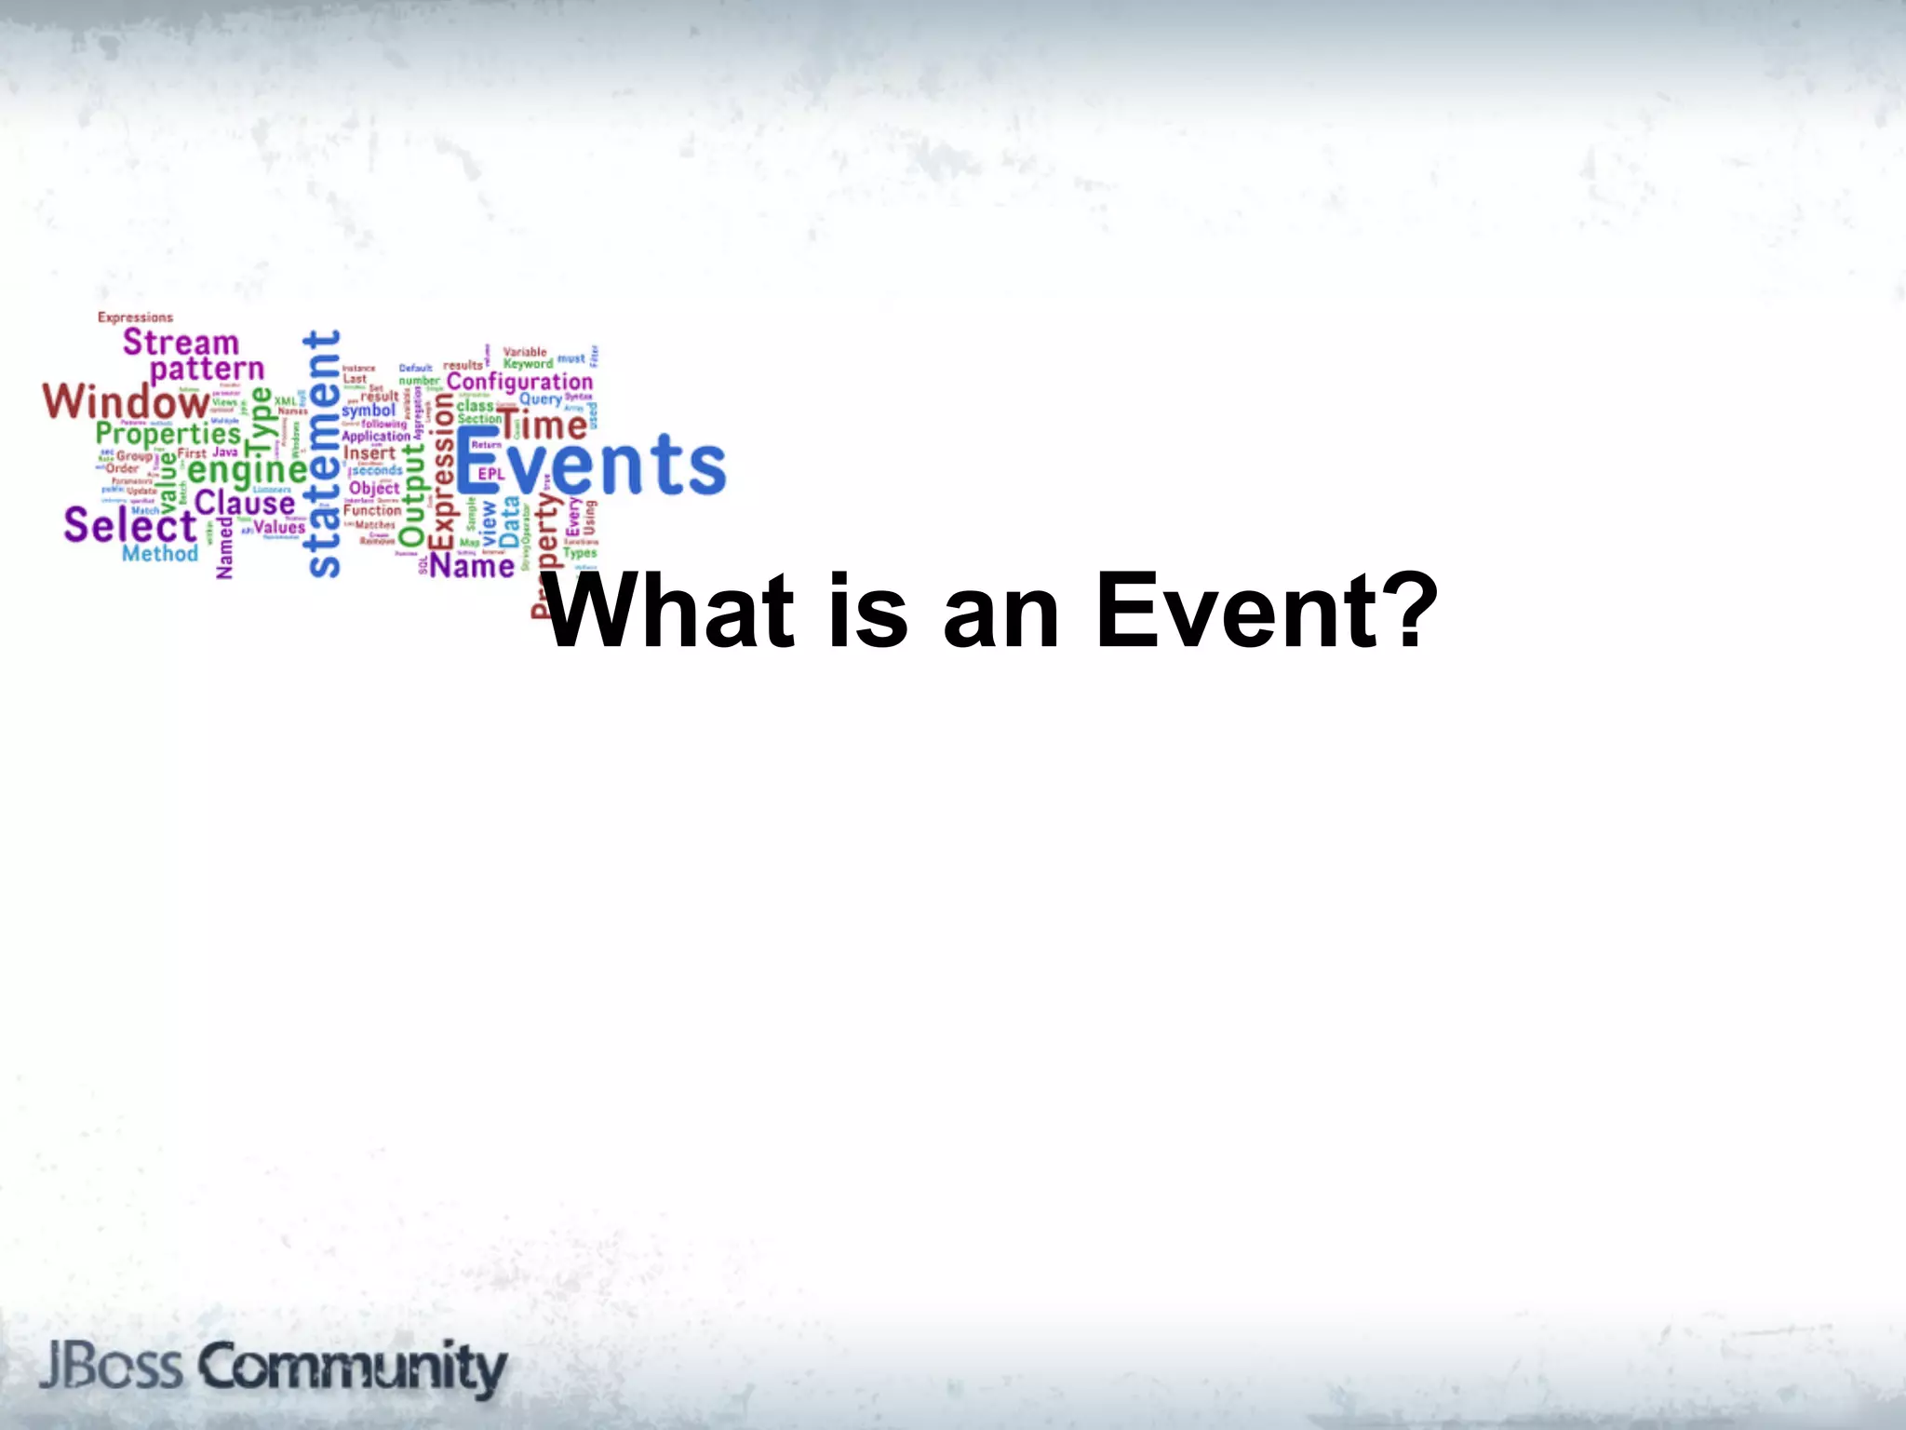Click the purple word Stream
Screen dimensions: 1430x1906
181,343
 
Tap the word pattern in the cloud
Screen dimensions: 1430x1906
207,371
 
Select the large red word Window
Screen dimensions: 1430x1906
127,402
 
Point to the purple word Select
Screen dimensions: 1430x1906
130,525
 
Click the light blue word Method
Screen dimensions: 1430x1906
160,554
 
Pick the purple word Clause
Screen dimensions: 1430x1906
245,504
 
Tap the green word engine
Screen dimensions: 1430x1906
248,470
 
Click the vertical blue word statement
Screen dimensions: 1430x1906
323,453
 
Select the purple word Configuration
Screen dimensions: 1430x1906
519,383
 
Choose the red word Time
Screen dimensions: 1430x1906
544,425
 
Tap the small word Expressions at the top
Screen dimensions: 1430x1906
135,317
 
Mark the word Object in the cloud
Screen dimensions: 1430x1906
374,488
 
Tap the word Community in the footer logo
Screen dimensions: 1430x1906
353,1368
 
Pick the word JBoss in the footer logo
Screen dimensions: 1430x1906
111,1367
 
